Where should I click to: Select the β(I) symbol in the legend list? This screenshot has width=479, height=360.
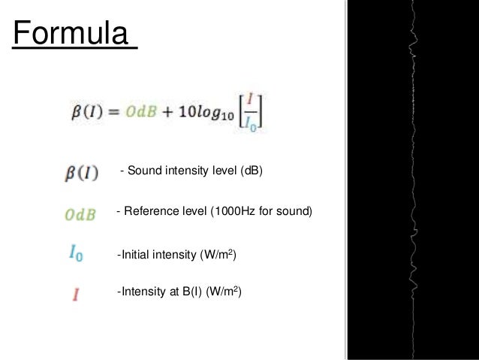[x=80, y=174]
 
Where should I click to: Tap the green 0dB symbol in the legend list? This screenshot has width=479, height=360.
[x=80, y=215]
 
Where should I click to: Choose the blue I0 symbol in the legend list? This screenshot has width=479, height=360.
[x=76, y=255]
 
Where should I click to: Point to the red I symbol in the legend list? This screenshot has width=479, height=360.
[x=76, y=294]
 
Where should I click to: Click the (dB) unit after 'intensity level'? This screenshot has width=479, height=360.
[x=252, y=172]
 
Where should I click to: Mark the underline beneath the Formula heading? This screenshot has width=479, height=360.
[x=73, y=50]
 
